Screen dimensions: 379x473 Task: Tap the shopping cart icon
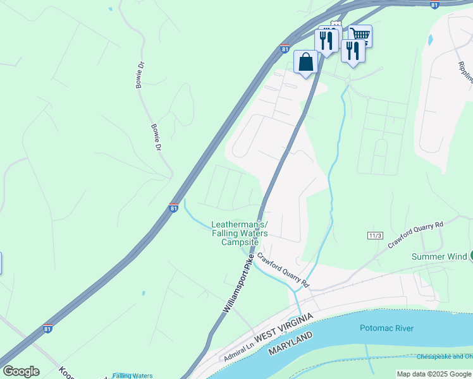[360, 35]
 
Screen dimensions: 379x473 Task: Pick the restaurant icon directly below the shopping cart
[353, 51]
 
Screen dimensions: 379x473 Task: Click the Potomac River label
[386, 328]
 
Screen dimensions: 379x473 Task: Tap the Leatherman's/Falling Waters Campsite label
[239, 233]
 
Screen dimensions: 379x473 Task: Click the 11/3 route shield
[374, 236]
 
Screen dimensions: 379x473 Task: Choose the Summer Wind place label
[439, 256]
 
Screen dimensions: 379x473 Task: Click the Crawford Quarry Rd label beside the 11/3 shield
[417, 234]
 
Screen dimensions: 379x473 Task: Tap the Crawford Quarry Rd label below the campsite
[283, 270]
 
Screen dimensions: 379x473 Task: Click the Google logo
[21, 371]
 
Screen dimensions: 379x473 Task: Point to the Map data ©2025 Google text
[434, 374]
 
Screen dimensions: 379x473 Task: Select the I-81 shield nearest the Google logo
[47, 328]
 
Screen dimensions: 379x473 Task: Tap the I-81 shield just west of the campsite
[173, 207]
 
